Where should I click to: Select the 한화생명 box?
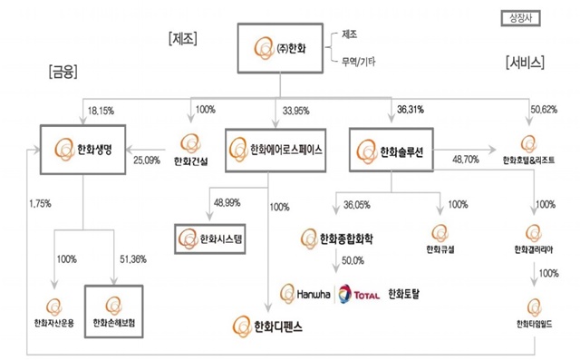point(82,148)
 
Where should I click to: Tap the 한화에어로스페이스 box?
point(276,148)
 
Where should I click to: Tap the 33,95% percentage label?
point(297,112)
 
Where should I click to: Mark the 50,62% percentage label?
point(544,112)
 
